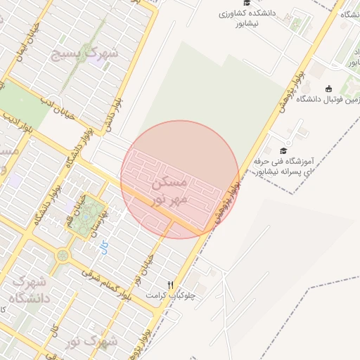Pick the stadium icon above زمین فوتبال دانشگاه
(x=329, y=89)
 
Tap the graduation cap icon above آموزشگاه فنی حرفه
(x=283, y=150)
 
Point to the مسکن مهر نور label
(x=169, y=191)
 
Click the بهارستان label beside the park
(x=99, y=224)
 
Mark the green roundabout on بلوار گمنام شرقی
(x=63, y=255)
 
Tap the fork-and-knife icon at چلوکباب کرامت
(x=170, y=285)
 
